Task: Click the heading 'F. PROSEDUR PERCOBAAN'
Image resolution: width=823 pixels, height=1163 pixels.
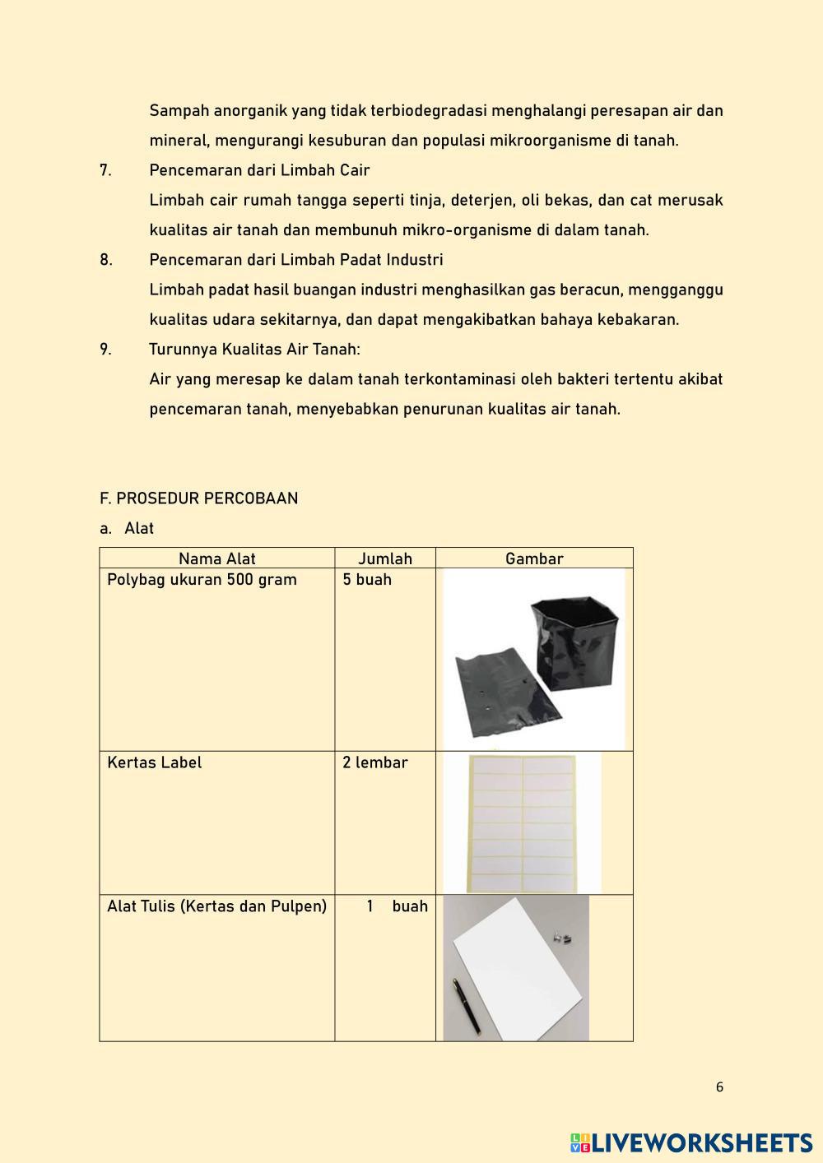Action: tap(198, 498)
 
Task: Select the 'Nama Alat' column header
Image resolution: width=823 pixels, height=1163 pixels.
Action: tap(217, 558)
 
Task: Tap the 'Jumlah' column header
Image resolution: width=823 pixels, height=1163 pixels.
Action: tap(385, 558)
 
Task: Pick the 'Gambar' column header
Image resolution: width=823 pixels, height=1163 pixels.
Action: tap(534, 558)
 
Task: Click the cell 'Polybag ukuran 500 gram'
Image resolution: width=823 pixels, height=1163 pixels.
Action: tap(202, 580)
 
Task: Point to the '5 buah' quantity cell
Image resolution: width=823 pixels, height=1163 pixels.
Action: tap(367, 580)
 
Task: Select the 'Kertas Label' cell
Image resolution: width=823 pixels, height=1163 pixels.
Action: tap(154, 762)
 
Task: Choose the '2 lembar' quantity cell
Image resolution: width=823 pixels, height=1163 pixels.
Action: tap(375, 762)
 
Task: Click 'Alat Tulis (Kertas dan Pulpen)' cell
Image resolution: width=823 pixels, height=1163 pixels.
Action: tap(216, 906)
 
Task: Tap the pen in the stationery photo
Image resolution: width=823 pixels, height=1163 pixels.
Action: tap(467, 1005)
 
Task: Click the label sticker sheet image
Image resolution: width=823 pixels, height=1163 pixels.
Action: tap(522, 822)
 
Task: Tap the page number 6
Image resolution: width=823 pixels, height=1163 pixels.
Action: tap(719, 1087)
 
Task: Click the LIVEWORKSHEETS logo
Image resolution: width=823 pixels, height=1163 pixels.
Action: tap(691, 1142)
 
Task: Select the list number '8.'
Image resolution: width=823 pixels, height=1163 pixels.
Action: tap(106, 260)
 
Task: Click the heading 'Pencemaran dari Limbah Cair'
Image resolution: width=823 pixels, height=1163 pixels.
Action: tap(259, 170)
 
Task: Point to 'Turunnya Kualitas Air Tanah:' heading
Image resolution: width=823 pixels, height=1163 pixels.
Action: tap(254, 350)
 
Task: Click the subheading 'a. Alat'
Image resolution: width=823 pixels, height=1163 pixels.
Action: tap(128, 528)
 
